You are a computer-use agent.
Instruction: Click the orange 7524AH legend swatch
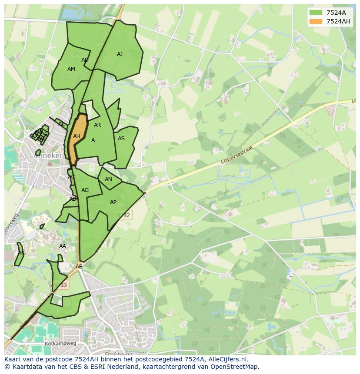tap(316, 21)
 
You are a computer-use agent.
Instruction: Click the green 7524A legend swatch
tap(316, 12)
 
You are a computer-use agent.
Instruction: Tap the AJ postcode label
tap(120, 54)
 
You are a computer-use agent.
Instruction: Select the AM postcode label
tap(71, 69)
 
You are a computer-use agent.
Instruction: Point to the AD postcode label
tap(85, 60)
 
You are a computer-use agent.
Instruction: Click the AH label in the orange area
tap(77, 136)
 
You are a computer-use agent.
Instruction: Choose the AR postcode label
tap(97, 125)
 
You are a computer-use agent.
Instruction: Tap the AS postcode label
tap(121, 139)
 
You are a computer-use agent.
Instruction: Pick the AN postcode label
tap(108, 179)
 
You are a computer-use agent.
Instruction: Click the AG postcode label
tap(85, 190)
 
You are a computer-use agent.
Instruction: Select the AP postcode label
tap(113, 202)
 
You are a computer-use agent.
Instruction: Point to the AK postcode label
tap(21, 253)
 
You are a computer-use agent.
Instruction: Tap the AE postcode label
tap(79, 267)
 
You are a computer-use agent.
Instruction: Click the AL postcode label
tap(61, 124)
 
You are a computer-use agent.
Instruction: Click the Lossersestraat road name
tap(237, 155)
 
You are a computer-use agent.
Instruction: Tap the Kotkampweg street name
tap(60, 343)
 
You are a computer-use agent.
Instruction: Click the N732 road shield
tap(125, 215)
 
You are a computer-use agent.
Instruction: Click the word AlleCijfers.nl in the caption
tap(227, 359)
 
